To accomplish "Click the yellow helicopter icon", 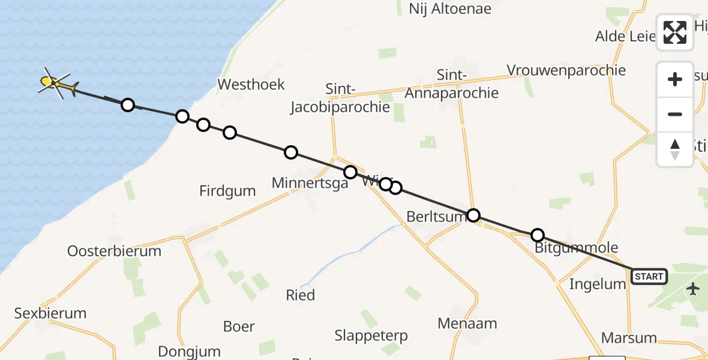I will pos(58,86).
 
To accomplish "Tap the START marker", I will pos(649,277).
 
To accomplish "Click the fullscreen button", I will pos(675,32).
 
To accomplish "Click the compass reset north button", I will pos(675,149).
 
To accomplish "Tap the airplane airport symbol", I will pos(694,289).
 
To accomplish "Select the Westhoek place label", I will pos(251,84).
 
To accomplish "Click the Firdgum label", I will pos(227,191).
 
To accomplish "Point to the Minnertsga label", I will pos(310,183).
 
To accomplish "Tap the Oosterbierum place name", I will pos(114,251).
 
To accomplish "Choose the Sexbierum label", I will pos(50,313).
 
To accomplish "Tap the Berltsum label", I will pos(436,216).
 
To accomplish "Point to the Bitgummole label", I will pos(576,248).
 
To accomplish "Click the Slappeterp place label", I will pos(371,335).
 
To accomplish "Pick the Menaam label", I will pos(467,324).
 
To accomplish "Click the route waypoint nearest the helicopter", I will pos(127,105).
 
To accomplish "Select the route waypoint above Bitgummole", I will pos(538,235).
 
